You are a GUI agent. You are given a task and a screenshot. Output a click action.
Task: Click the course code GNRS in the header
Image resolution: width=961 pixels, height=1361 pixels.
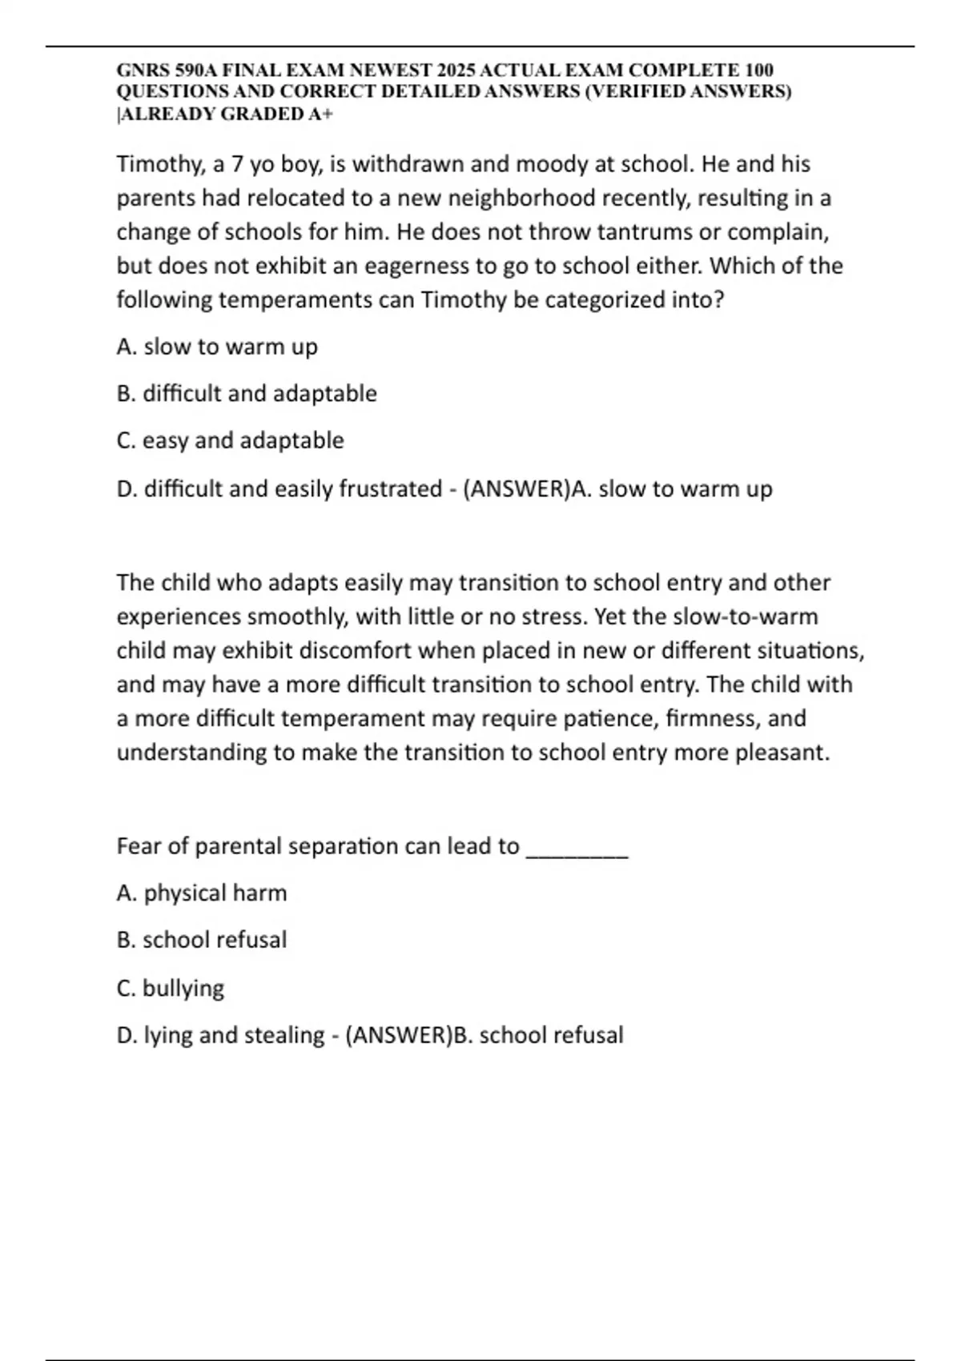pyautogui.click(x=138, y=70)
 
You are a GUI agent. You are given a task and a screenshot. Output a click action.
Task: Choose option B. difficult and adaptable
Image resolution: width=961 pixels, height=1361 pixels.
pyautogui.click(x=247, y=394)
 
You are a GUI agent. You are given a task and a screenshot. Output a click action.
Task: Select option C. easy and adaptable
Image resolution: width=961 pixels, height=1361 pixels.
pyautogui.click(x=230, y=440)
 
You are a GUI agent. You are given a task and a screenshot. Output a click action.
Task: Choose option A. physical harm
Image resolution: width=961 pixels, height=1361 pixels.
pyautogui.click(x=202, y=893)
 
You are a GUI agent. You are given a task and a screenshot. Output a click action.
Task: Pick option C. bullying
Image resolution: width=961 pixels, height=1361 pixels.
pyautogui.click(x=171, y=988)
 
